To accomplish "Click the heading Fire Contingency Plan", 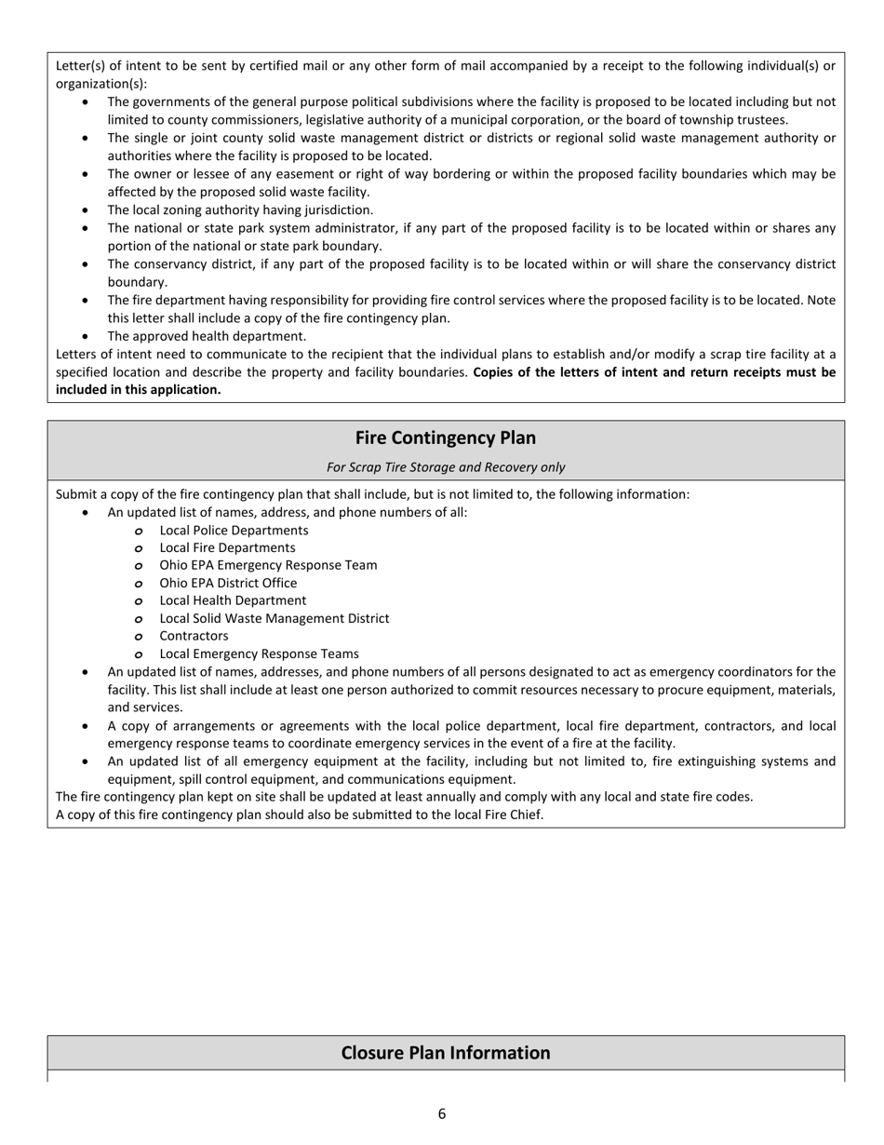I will (445, 438).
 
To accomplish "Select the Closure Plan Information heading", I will (445, 1053).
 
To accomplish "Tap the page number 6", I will (442, 1113).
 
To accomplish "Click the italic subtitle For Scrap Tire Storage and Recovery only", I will (445, 467).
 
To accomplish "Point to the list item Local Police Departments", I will (234, 531).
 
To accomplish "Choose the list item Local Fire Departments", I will (227, 548).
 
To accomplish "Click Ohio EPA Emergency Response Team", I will (268, 565).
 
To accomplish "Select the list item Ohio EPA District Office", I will (228, 584).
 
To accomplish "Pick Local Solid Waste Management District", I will (275, 618).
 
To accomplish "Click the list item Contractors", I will (194, 636).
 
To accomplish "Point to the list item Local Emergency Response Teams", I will (259, 653).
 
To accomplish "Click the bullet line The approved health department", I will (207, 336).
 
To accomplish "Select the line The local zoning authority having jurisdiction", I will (240, 210).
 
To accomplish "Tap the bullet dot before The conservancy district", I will (87, 264).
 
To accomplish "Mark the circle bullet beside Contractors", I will (138, 637).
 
